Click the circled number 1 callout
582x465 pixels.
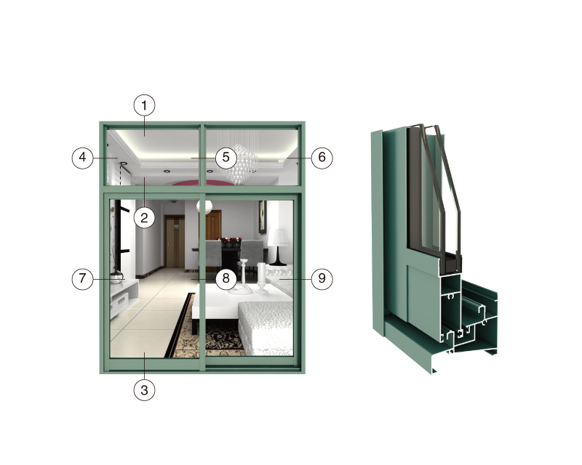144,105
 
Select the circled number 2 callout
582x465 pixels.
144,217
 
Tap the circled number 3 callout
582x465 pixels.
144,389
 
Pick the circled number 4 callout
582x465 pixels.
82,158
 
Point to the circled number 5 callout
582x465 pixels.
226,158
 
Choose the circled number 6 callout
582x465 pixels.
322,158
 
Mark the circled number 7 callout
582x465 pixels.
82,278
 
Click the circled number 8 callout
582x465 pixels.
226,278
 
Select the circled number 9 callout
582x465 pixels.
322,278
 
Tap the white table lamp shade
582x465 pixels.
278,237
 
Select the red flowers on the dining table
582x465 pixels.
230,241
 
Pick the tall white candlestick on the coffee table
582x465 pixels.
244,274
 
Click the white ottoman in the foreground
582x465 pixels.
266,326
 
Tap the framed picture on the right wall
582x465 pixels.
263,217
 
